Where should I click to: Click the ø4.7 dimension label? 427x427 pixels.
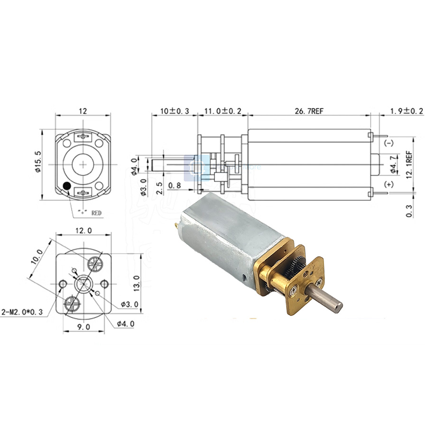pos(392,165)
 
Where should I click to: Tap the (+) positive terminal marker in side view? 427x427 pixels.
pos(389,185)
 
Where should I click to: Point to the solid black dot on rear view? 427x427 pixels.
pos(67,186)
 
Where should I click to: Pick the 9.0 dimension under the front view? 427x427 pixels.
pos(83,327)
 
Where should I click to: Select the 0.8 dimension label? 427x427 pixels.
pos(175,185)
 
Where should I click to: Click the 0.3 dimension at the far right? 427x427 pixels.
pos(409,208)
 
